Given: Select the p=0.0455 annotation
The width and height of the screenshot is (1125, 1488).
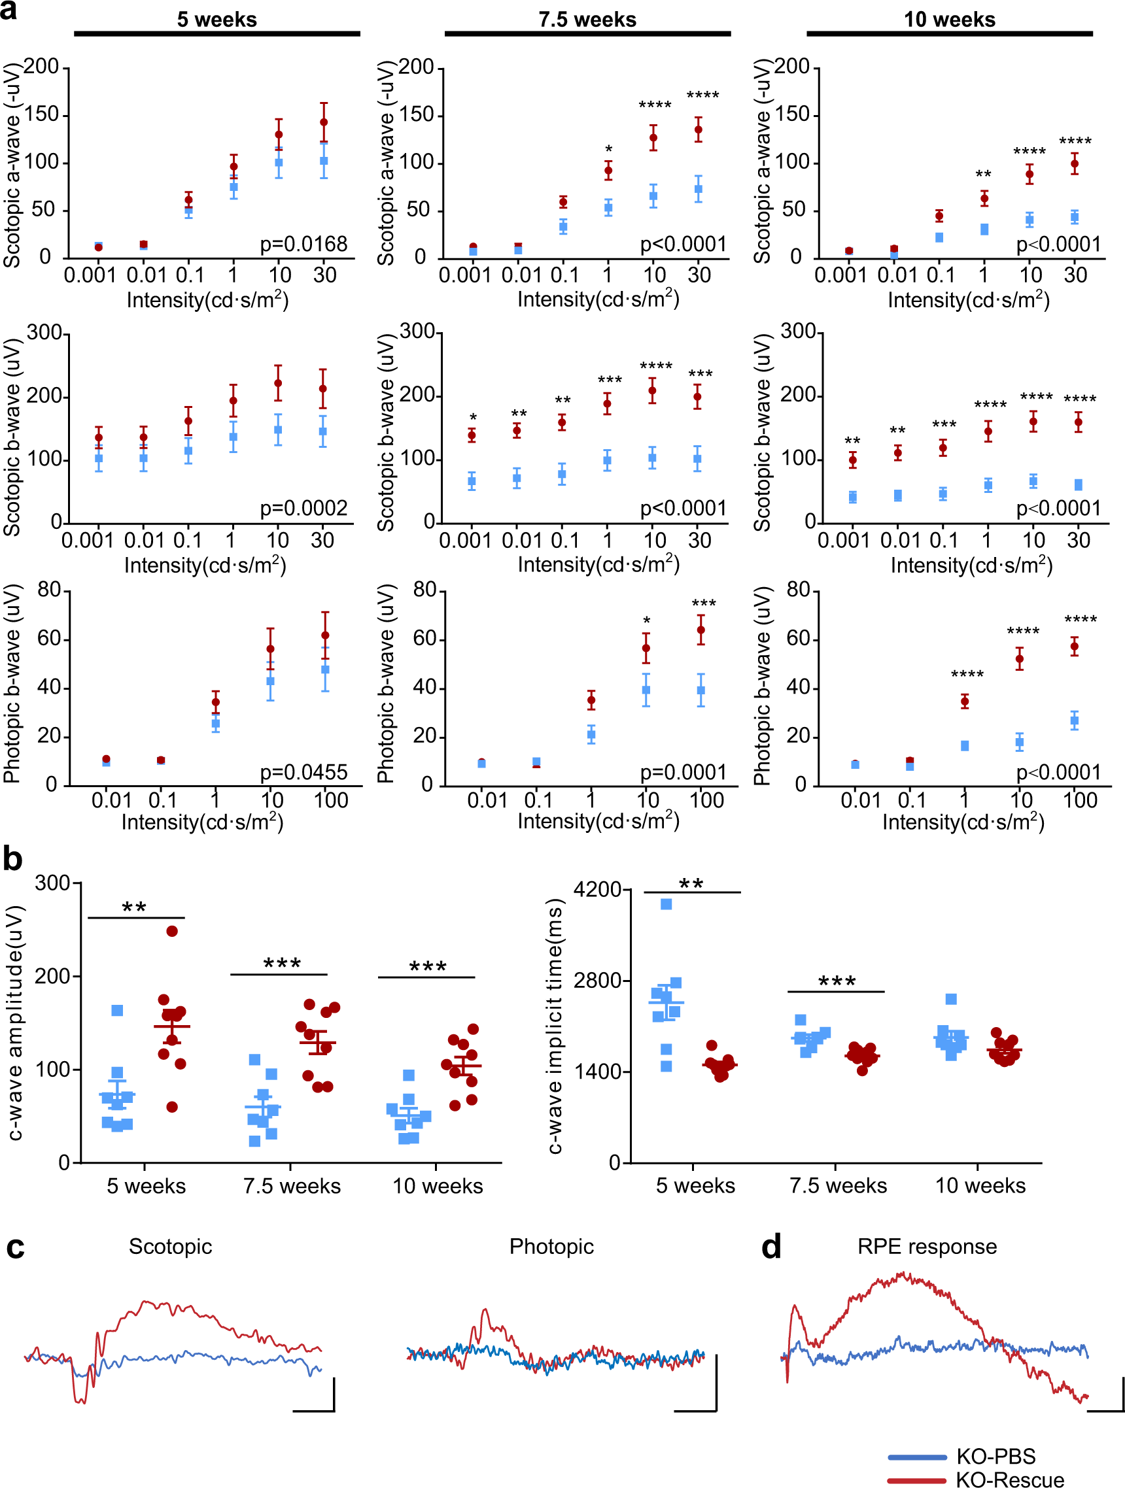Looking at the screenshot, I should coord(303,771).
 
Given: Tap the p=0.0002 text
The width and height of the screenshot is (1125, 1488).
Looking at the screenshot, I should coord(303,508).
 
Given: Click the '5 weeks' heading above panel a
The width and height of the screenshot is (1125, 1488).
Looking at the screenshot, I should coord(216,20).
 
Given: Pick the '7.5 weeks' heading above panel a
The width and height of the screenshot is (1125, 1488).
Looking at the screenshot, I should coord(587,20).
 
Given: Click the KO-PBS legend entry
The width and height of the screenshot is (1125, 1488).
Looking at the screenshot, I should coord(995,1457).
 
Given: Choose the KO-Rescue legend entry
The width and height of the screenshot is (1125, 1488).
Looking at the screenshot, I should coord(1009,1479).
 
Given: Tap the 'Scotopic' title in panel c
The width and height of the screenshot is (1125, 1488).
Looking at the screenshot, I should coord(170,1246).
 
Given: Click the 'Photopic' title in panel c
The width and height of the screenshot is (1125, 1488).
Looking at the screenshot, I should coord(551,1246).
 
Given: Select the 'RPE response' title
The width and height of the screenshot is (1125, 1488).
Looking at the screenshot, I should coord(927,1246).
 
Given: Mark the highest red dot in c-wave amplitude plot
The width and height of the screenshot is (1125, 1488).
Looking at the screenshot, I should coord(171,931).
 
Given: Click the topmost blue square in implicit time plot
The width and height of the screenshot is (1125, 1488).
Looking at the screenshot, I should coord(666,904).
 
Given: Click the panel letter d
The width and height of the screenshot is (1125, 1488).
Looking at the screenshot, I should coord(771,1247).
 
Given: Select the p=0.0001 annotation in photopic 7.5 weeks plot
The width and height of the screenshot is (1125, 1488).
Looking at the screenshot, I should coord(682,771).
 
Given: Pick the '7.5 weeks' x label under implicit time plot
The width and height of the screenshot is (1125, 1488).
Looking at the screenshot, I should coord(838,1185).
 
